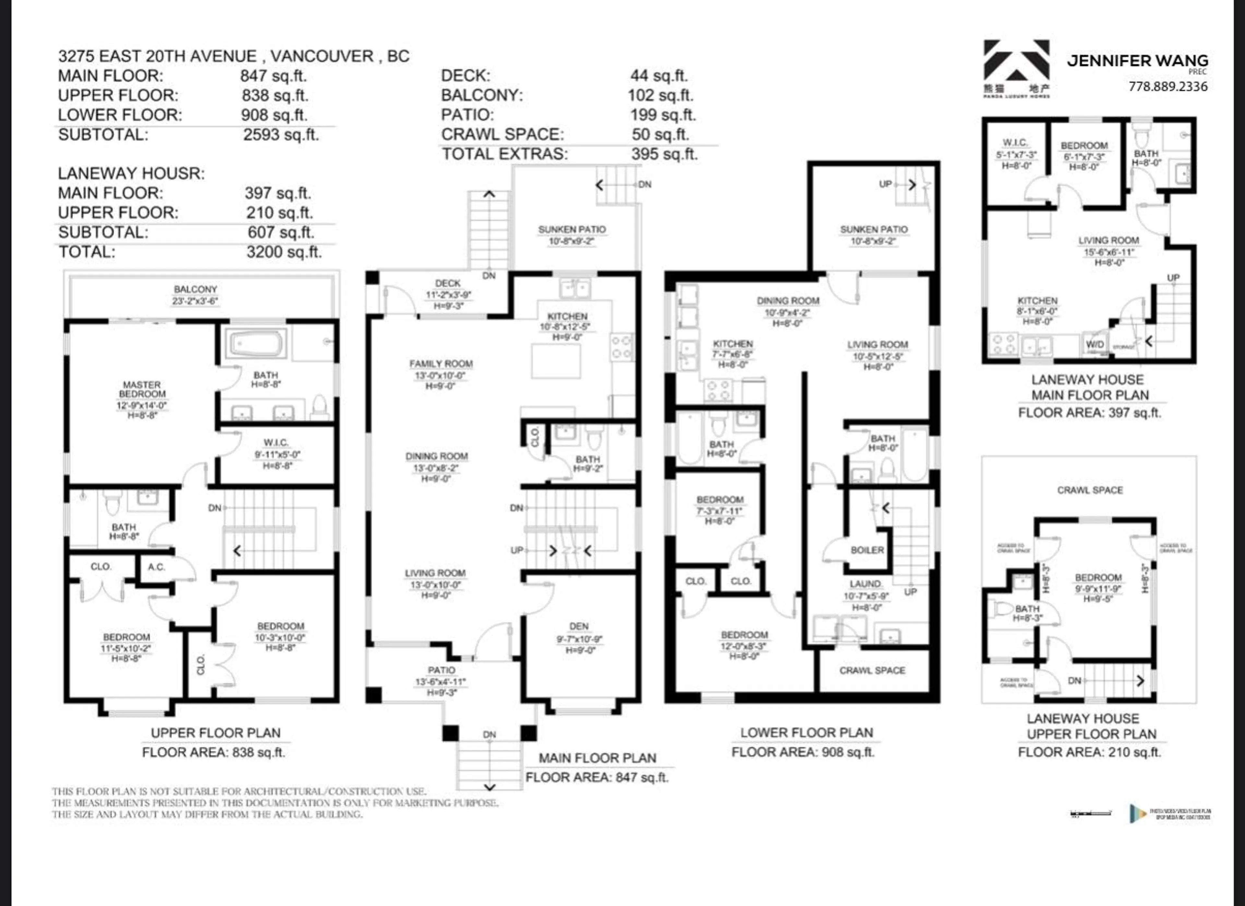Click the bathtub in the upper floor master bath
point(257,344)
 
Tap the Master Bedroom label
point(142,389)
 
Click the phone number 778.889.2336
point(1168,86)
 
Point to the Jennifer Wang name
point(1137,61)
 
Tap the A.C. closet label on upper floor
point(157,567)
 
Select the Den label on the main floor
point(579,626)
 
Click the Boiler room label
point(867,550)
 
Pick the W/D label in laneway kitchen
point(1095,345)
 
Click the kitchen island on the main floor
point(555,361)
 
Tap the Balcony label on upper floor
point(196,289)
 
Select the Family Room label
point(441,364)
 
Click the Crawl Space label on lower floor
point(872,670)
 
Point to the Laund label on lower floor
point(865,584)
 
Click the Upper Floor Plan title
point(215,733)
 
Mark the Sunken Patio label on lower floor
point(873,229)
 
